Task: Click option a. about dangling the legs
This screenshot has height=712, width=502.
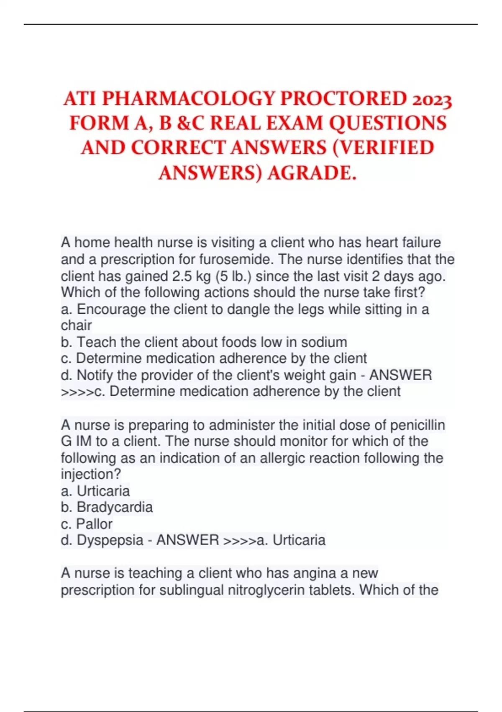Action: pyautogui.click(x=245, y=309)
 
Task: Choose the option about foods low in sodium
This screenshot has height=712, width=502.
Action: pyautogui.click(x=204, y=342)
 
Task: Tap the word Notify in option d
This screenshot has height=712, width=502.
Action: pyautogui.click(x=95, y=375)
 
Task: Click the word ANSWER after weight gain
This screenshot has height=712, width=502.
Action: pyautogui.click(x=400, y=375)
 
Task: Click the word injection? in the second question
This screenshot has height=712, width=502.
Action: pyautogui.click(x=91, y=474)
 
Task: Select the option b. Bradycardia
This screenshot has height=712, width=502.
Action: pyautogui.click(x=107, y=507)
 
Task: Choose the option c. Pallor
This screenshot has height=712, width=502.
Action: pyautogui.click(x=87, y=524)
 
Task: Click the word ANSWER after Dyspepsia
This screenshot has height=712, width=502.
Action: pyautogui.click(x=187, y=540)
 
